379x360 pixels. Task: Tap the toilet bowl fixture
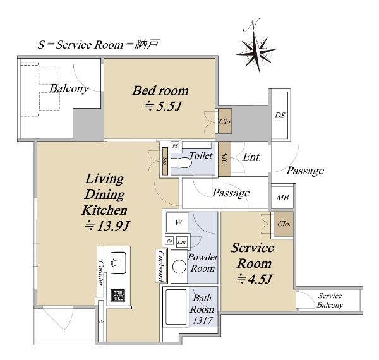[181, 163]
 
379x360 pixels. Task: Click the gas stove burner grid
[117, 295]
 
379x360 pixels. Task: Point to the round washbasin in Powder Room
[179, 267]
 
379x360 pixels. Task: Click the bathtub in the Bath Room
[176, 306]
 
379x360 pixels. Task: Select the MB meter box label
[282, 198]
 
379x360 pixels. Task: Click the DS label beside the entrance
[280, 115]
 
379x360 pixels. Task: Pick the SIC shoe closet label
[224, 159]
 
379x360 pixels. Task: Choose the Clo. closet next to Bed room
[226, 121]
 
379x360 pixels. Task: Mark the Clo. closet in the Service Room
[284, 224]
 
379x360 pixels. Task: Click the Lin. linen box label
[182, 242]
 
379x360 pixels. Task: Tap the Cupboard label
[160, 266]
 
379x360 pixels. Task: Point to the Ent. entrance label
[251, 157]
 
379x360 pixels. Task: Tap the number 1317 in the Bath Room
[202, 320]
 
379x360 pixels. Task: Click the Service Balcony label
[330, 301]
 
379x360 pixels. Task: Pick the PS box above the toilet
[175, 146]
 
